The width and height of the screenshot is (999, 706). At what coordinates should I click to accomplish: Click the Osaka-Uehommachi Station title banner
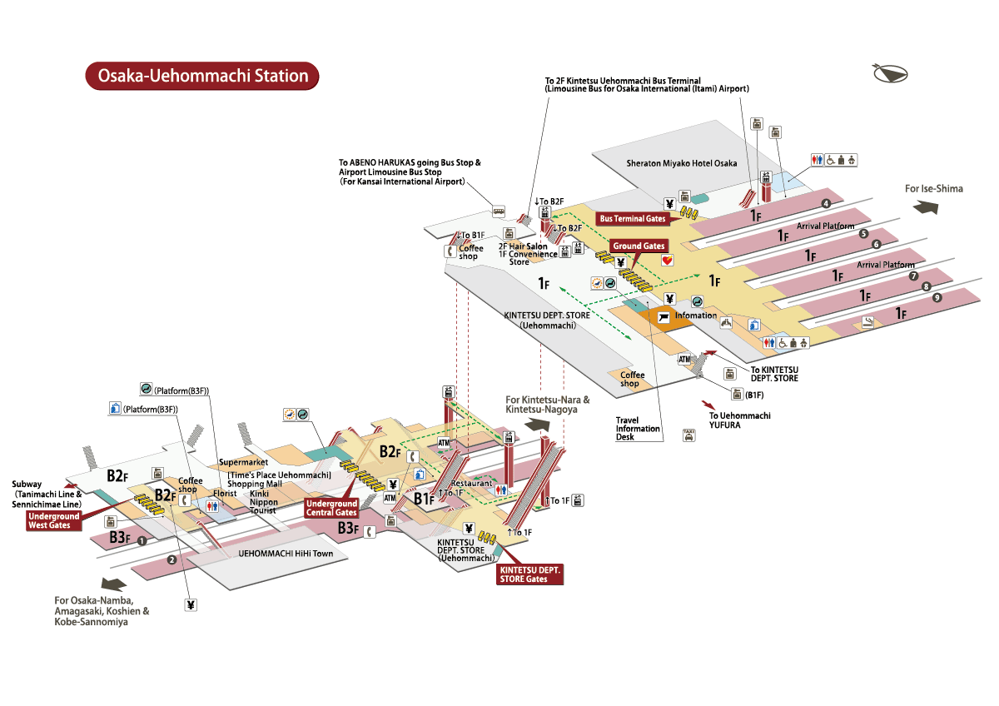pyautogui.click(x=203, y=76)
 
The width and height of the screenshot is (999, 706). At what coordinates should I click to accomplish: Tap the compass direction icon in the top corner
pyautogui.click(x=891, y=74)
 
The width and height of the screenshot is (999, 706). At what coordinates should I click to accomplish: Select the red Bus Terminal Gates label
pyautogui.click(x=634, y=218)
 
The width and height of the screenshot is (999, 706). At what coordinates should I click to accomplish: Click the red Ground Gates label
pyautogui.click(x=639, y=246)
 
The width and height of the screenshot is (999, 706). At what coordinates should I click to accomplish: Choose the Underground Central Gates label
pyautogui.click(x=332, y=508)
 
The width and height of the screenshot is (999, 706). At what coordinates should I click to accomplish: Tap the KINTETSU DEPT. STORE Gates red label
pyautogui.click(x=529, y=574)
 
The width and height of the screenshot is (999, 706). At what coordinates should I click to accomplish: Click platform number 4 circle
pyautogui.click(x=826, y=203)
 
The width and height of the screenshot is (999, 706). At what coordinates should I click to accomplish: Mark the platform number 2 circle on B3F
pyautogui.click(x=171, y=559)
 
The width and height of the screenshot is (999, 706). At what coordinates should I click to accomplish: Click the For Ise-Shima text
pyautogui.click(x=934, y=189)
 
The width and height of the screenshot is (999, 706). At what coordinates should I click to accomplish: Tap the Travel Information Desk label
pyautogui.click(x=638, y=429)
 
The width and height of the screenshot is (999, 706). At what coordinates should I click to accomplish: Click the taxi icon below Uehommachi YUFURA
pyautogui.click(x=688, y=434)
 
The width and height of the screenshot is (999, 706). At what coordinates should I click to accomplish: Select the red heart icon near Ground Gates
pyautogui.click(x=667, y=260)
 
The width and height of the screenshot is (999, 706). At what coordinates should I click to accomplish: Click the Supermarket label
pyautogui.click(x=243, y=461)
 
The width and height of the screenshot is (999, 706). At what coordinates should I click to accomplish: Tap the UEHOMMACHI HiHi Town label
pyautogui.click(x=286, y=553)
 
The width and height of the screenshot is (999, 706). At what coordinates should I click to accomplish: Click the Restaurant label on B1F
pyautogui.click(x=471, y=484)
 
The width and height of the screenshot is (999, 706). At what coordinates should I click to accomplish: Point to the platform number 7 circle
pyautogui.click(x=913, y=276)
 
